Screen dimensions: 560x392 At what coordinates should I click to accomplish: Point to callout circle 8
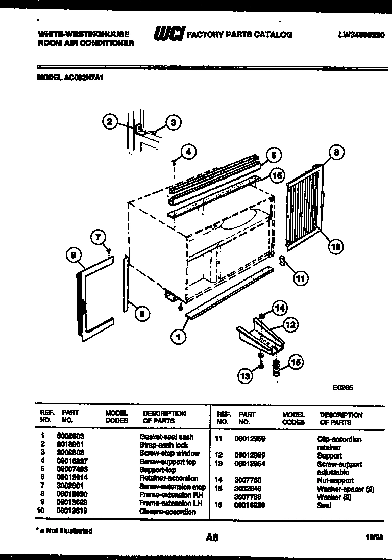pos(336,152)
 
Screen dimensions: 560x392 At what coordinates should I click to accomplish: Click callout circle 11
pos(301,278)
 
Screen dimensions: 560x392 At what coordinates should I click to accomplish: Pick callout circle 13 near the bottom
pos(245,376)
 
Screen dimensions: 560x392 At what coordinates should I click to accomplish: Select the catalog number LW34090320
pos(361,35)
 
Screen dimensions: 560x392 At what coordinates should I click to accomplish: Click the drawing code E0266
pos(342,388)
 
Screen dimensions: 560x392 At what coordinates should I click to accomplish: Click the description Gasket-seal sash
pos(166,437)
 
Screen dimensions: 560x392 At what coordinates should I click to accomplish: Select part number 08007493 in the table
pos(76,470)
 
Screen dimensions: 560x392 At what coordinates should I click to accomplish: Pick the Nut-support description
pos(335,480)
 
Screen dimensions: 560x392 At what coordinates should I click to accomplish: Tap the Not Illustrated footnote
pos(66,531)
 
